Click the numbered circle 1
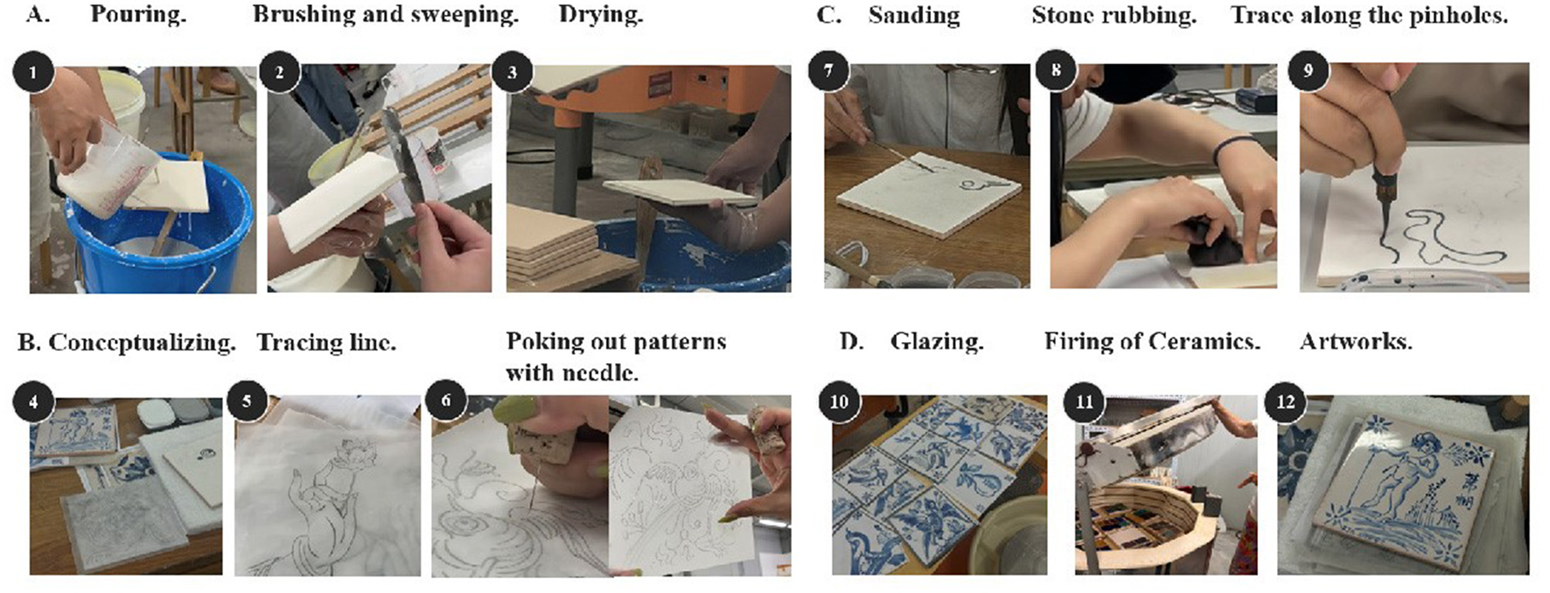point(33,72)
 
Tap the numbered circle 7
point(828,72)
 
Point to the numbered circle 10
point(839,402)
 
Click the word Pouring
point(138,15)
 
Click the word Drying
point(601,16)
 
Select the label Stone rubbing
point(1114,16)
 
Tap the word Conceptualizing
point(142,342)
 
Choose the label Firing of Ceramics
point(1152,341)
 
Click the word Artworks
point(1356,341)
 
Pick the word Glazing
point(937,342)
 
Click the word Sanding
point(914,16)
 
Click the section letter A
point(38,15)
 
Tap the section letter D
point(851,341)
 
